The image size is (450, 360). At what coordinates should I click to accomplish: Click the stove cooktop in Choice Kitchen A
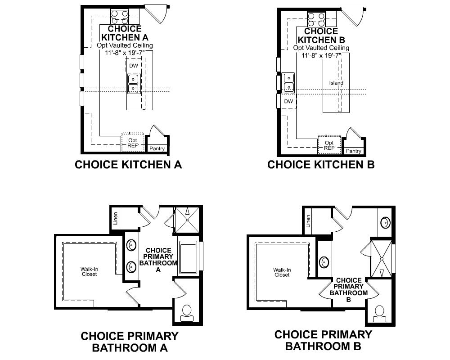[x=120, y=18]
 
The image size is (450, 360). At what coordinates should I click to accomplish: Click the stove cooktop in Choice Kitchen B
[x=316, y=19]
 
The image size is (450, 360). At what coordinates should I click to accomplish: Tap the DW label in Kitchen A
[x=134, y=66]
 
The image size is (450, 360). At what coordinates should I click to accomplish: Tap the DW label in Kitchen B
[x=288, y=101]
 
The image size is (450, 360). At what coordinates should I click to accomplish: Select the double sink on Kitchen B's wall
[x=288, y=82]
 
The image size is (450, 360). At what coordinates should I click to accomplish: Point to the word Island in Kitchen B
[x=336, y=83]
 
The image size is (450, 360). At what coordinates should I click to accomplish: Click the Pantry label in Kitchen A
[x=157, y=148]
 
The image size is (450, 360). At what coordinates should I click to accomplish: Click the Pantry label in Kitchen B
[x=354, y=151]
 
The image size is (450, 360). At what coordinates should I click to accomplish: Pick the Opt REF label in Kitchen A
[x=133, y=143]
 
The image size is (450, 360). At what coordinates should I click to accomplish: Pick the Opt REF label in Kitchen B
[x=329, y=145]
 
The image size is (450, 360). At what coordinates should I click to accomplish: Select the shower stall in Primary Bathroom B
[x=381, y=259]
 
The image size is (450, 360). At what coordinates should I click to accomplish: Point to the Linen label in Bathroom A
[x=116, y=218]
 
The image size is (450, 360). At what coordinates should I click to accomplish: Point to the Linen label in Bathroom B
[x=308, y=220]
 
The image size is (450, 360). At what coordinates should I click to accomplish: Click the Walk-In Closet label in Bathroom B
[x=282, y=272]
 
